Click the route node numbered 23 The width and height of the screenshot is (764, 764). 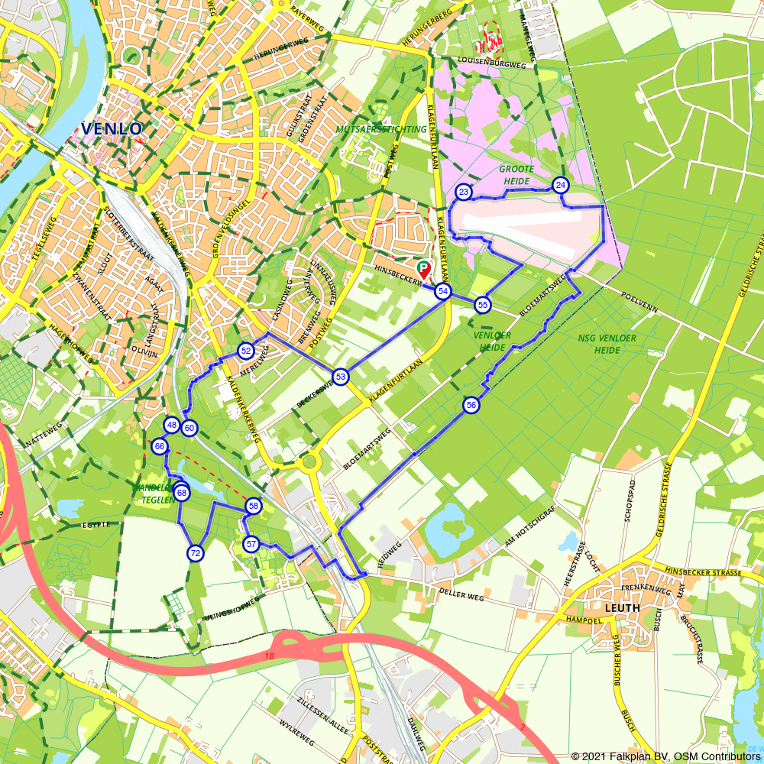463,191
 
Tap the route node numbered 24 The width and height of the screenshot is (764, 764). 561,186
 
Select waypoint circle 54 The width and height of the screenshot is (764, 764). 443,291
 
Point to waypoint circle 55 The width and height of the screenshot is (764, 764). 482,305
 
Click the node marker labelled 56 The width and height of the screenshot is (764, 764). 471,405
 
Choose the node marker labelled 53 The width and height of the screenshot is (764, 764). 341,376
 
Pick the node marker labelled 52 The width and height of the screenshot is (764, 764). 245,351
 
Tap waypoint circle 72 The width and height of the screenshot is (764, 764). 196,553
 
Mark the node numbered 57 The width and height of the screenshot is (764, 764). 251,544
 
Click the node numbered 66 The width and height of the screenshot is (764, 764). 160,446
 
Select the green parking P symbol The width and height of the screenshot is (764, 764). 423,267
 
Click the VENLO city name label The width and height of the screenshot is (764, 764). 112,128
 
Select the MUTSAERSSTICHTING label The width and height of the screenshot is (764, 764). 381,129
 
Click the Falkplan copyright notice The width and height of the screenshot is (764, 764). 665,756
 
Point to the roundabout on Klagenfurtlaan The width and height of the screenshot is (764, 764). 309,461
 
